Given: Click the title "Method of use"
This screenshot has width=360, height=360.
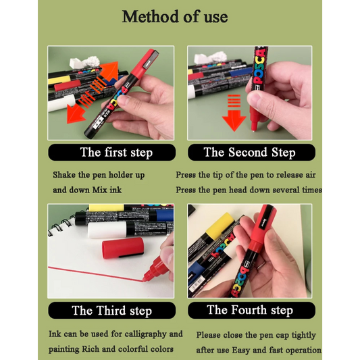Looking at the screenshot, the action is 175,16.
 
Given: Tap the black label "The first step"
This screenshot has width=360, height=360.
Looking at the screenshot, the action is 112,152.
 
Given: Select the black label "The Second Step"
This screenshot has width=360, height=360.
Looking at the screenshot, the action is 251,152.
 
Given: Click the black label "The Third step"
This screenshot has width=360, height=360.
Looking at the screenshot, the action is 112,311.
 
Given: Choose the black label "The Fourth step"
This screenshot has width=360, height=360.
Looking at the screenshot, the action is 251,310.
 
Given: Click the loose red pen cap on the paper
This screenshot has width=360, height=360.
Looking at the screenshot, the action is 123,248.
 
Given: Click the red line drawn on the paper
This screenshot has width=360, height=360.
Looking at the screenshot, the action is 95,274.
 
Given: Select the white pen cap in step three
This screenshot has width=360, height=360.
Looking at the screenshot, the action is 107,230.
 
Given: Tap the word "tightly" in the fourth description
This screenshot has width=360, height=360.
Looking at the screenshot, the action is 304,335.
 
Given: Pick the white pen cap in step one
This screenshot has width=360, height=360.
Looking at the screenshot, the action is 61,103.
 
